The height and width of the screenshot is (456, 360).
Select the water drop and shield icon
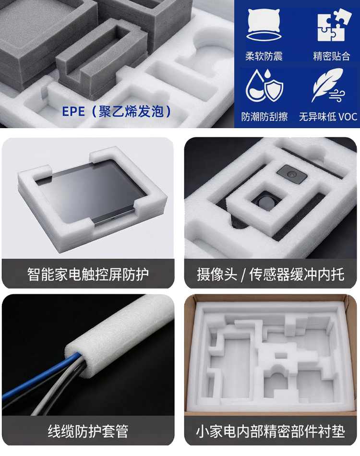click(264, 85)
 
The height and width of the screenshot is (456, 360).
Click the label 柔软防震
click(264, 56)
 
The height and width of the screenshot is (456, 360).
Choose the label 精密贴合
click(332, 56)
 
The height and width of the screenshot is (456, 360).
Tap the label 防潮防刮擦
click(264, 117)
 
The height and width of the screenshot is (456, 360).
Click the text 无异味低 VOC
click(328, 117)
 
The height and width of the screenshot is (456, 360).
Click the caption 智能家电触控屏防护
click(88, 274)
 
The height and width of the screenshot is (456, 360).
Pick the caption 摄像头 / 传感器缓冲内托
click(270, 274)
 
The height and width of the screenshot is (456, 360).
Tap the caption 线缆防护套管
click(88, 431)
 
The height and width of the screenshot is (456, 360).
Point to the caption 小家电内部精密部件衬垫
click(270, 431)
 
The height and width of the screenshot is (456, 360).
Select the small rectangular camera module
click(292, 174)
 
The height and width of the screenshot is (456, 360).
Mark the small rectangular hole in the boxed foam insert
click(281, 355)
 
